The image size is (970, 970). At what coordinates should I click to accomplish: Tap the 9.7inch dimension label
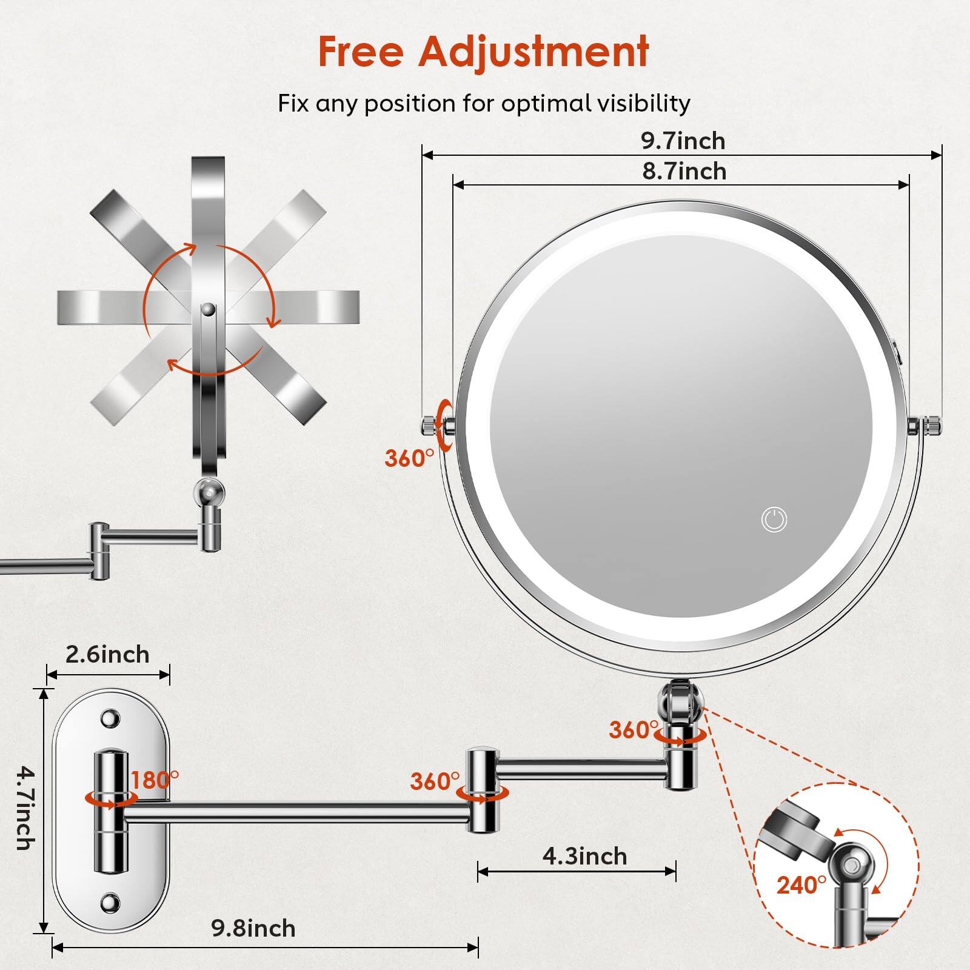(x=683, y=141)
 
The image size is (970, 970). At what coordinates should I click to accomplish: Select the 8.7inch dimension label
(x=684, y=172)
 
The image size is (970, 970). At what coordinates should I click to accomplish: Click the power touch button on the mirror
(x=774, y=520)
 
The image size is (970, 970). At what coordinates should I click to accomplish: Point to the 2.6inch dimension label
(x=107, y=655)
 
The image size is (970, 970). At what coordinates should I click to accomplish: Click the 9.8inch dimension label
(x=253, y=929)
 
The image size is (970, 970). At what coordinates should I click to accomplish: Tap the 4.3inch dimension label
(x=584, y=857)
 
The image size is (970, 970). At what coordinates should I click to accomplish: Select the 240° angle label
(x=801, y=886)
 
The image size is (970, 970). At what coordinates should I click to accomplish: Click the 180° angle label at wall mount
(x=155, y=780)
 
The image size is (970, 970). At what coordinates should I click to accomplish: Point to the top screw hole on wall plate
(x=110, y=718)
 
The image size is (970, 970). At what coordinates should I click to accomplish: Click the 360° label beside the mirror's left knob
(x=409, y=458)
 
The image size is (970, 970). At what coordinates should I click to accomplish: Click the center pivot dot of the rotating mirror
(x=208, y=309)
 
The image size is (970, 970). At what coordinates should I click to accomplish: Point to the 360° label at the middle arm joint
(x=435, y=782)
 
